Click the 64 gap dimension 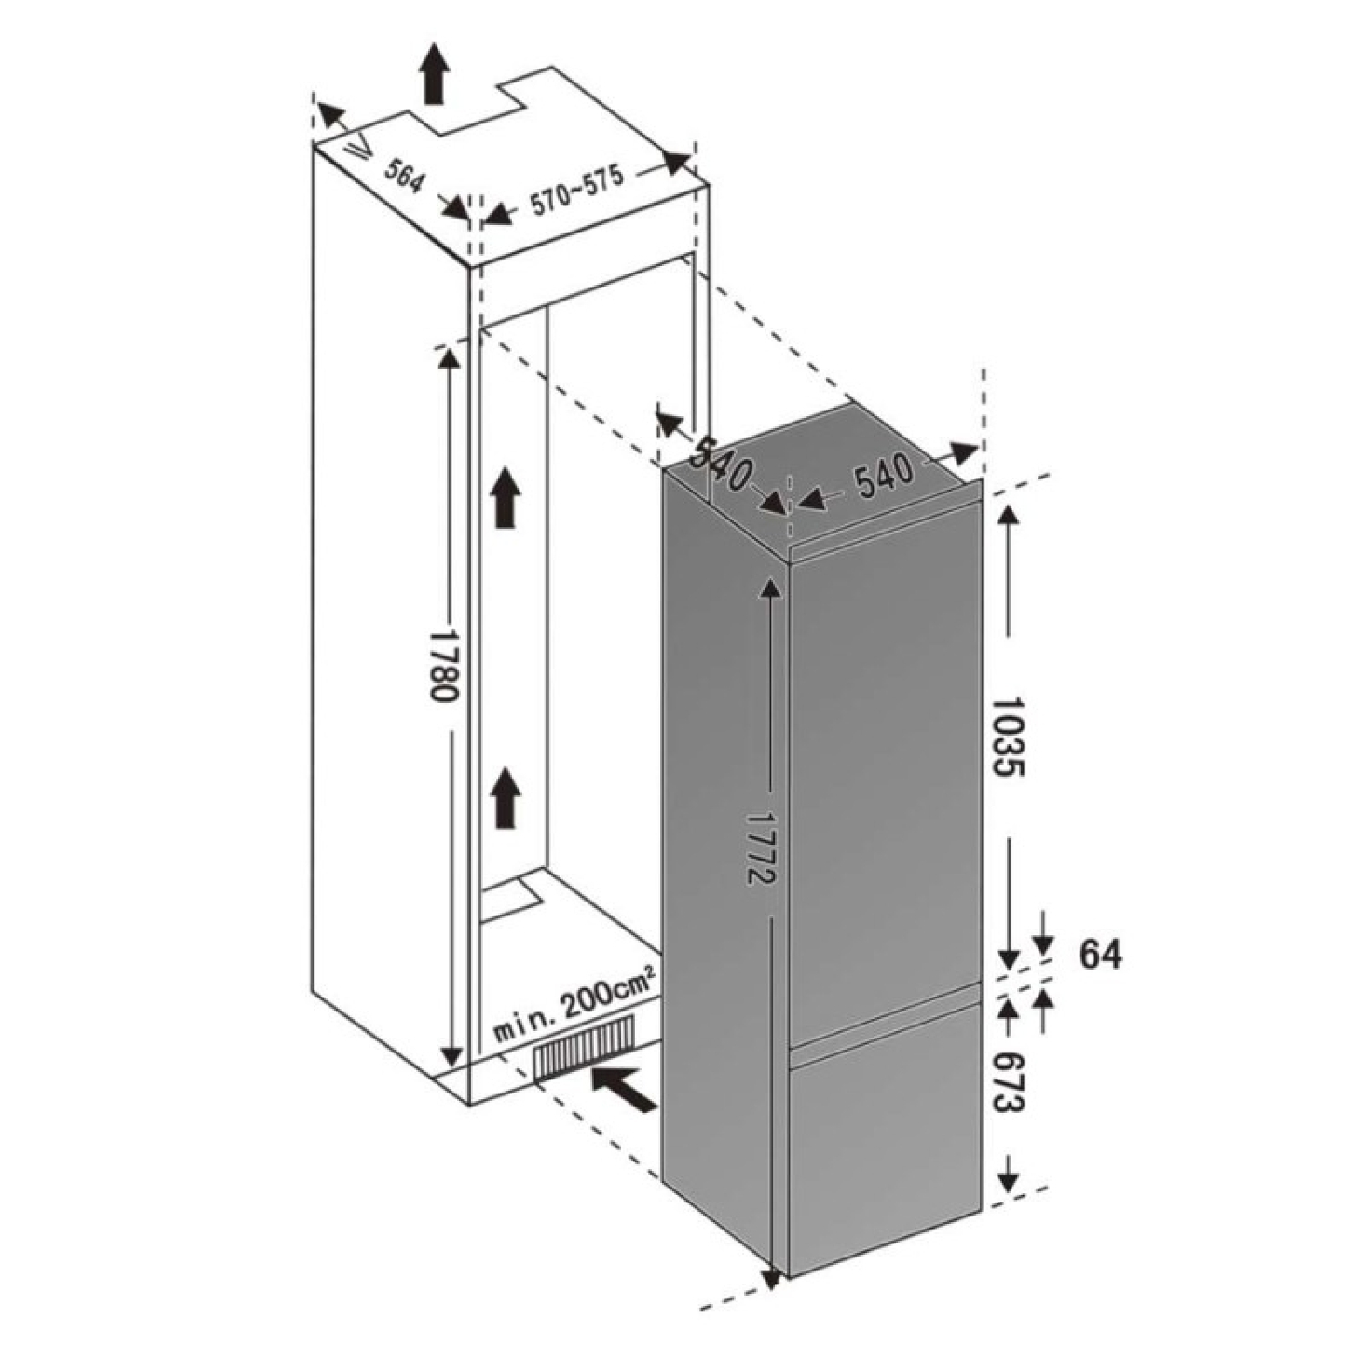[x=1101, y=954]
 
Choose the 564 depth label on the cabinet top [x=402, y=176]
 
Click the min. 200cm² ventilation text [x=575, y=1008]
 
